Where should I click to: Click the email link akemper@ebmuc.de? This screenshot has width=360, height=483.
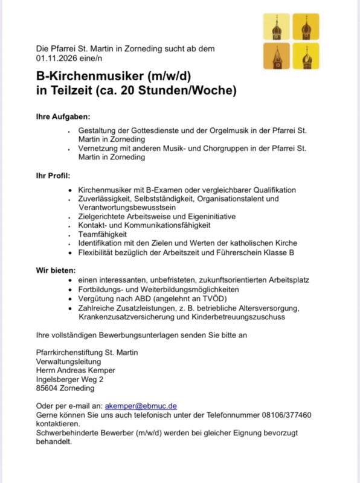[x=140, y=406]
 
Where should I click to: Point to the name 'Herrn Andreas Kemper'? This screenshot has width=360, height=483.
[x=76, y=370]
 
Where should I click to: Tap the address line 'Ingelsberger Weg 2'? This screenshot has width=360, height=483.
[x=70, y=379]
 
